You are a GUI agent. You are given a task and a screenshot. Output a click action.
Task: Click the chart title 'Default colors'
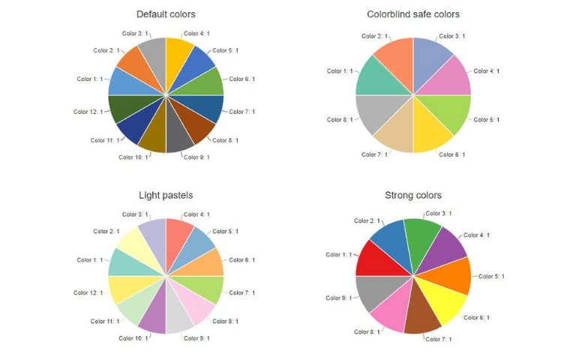pyautogui.click(x=165, y=14)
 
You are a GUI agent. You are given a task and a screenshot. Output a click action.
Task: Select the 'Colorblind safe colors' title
pyautogui.click(x=412, y=14)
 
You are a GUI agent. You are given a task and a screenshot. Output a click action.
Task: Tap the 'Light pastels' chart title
pyautogui.click(x=165, y=195)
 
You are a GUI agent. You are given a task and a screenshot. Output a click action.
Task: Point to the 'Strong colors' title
pyautogui.click(x=412, y=195)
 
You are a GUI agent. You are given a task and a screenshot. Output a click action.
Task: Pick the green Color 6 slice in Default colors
pyautogui.click(x=208, y=82)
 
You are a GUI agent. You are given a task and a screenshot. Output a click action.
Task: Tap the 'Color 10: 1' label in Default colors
pyautogui.click(x=133, y=157)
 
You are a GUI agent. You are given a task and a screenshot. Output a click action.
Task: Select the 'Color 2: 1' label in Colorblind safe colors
pyautogui.click(x=375, y=36)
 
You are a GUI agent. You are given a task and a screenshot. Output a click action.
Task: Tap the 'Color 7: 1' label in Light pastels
pyautogui.click(x=241, y=292)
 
